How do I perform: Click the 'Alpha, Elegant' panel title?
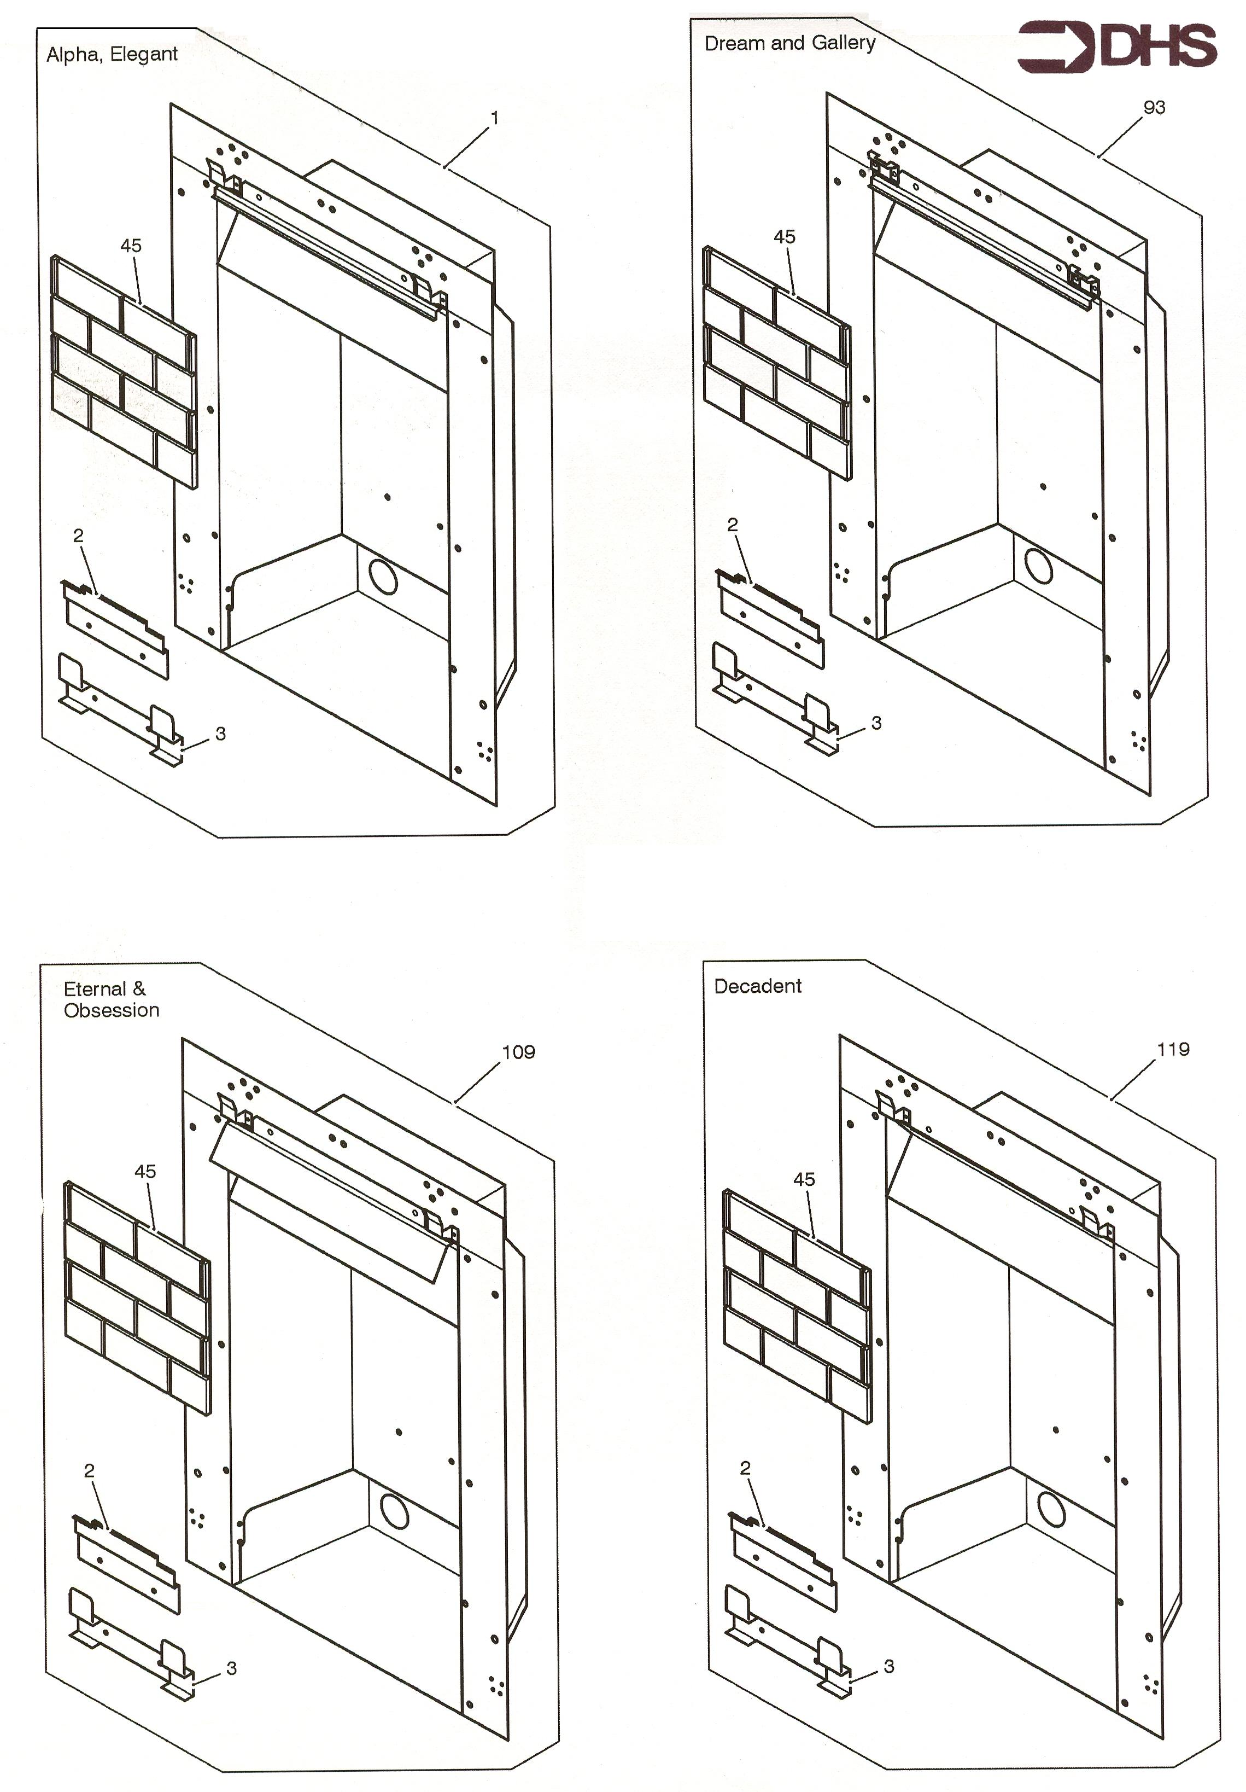pos(112,54)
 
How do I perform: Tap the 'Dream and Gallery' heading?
pos(789,43)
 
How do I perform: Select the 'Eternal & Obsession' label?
pos(111,999)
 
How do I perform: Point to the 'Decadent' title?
pos(757,986)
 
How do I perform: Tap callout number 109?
pos(518,1051)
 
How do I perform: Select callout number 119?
pos(1173,1049)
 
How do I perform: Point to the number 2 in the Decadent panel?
pos(745,1468)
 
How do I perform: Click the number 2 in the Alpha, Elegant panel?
pos(78,536)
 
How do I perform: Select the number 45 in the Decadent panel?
pos(804,1179)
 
